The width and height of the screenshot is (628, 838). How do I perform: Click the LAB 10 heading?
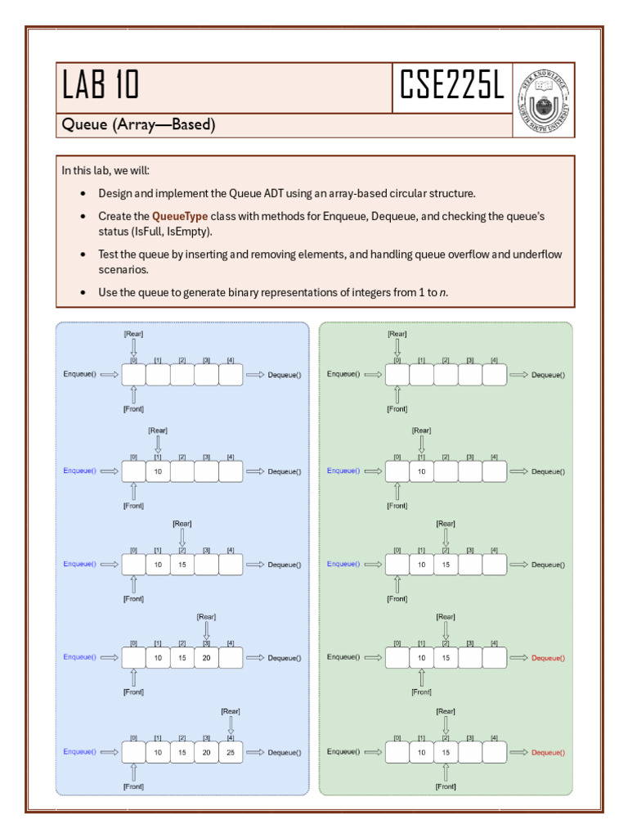(101, 84)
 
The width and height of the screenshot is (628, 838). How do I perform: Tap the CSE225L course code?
(451, 84)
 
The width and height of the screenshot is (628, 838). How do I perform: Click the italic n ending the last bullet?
(443, 292)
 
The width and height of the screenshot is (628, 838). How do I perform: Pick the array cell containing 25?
(231, 752)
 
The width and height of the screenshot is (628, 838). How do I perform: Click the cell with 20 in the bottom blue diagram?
(206, 752)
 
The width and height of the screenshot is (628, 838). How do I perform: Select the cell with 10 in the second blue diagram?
(158, 471)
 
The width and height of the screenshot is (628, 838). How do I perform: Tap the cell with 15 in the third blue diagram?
(182, 565)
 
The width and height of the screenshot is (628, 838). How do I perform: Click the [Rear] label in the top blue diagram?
(133, 334)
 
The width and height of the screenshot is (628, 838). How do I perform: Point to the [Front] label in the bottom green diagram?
(446, 786)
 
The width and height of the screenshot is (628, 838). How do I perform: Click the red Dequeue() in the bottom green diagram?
(548, 752)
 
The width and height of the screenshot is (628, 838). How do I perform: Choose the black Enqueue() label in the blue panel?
(79, 374)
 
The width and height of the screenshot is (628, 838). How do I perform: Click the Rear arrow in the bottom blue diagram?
(231, 725)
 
